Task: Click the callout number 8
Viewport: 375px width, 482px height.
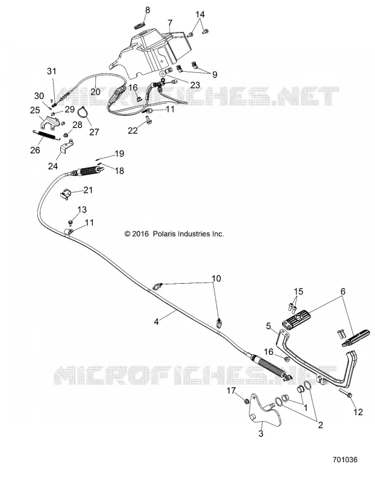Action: coord(147,10)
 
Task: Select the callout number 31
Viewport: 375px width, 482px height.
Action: coord(52,71)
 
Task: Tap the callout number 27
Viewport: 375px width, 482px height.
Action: coord(94,132)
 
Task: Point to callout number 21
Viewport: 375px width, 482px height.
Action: coord(88,190)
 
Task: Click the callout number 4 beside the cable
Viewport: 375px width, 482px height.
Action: coord(156,322)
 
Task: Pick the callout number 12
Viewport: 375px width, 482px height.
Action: coord(358,412)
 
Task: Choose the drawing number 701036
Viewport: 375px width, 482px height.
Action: coord(345,460)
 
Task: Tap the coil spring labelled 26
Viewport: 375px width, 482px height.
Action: coord(44,135)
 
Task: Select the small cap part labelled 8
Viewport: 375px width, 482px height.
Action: coord(140,25)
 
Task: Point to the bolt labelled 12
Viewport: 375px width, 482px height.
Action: coord(346,392)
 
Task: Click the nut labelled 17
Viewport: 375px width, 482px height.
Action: coord(246,401)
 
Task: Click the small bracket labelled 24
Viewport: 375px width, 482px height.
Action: coord(66,148)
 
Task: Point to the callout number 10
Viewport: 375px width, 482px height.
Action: coord(216,278)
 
